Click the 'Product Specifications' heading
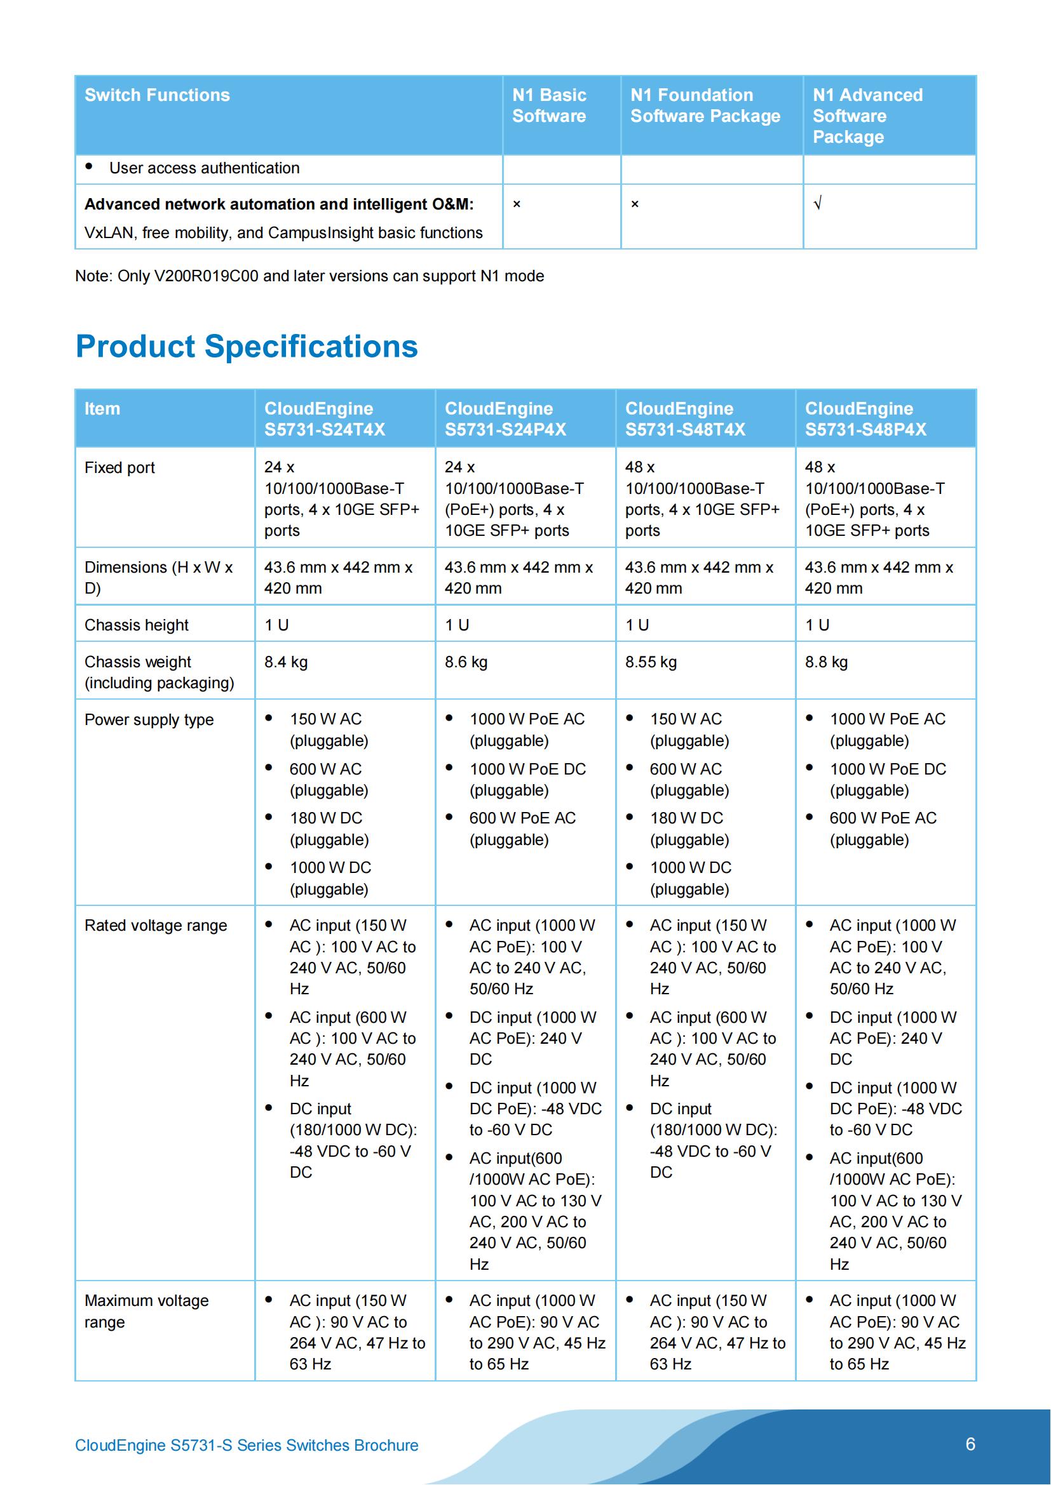pos(247,347)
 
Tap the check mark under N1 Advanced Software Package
pos(817,204)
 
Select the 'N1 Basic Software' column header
pos(549,105)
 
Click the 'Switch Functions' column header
pos(157,95)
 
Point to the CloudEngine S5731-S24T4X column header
pos(325,418)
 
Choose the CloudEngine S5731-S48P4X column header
pos(865,418)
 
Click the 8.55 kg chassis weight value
pos(651,662)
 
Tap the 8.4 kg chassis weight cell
pos(285,662)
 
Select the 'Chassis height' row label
pos(137,625)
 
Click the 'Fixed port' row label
pos(119,468)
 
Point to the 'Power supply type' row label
pos(149,720)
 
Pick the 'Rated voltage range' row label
pos(156,926)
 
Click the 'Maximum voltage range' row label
pos(146,1311)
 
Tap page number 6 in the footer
pos(970,1444)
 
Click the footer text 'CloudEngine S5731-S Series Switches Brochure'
pos(247,1446)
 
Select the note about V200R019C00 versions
pos(309,276)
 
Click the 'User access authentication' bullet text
pos(204,168)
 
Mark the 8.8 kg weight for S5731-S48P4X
pos(826,662)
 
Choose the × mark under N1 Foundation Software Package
pos(635,204)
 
